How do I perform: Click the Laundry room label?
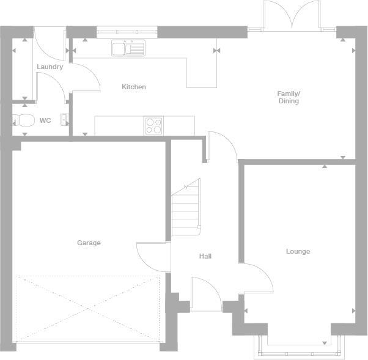[x=50, y=67]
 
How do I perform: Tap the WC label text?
[x=45, y=120]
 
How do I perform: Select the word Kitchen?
[x=134, y=87]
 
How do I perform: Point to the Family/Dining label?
[x=289, y=97]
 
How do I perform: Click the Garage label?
[x=89, y=243]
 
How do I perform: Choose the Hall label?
[x=205, y=256]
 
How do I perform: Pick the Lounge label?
[x=298, y=251]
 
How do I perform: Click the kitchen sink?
[x=128, y=47]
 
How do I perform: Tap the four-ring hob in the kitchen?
[x=153, y=125]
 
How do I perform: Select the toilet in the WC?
[x=24, y=120]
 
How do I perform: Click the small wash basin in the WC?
[x=64, y=120]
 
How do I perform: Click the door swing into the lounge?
[x=257, y=278]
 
